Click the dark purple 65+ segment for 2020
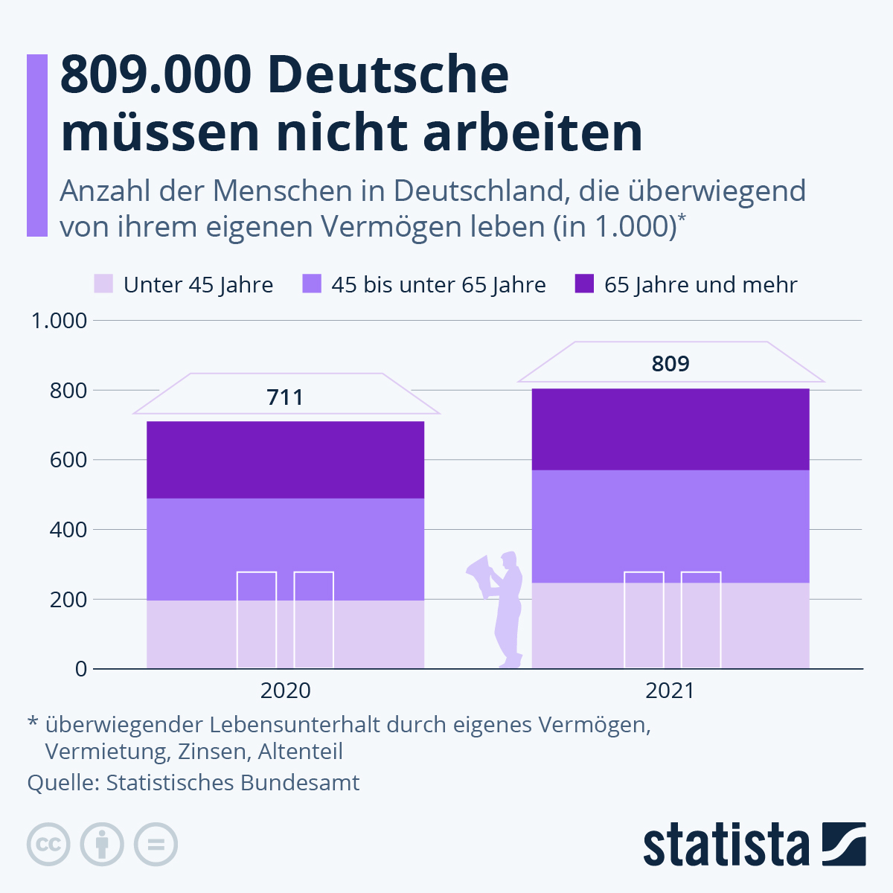coord(285,460)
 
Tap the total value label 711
coord(285,397)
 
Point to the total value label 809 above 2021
coord(670,364)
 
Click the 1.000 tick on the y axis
coord(59,321)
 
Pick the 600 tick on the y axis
coord(68,460)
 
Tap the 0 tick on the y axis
coord(80,669)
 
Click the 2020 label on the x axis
coord(285,691)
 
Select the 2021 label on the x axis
coord(670,691)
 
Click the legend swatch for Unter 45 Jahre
coord(103,284)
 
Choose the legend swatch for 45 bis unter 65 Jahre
coord(311,284)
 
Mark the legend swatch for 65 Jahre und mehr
coord(584,284)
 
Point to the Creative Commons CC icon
coord(48,845)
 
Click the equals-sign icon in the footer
coord(156,845)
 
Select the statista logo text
coord(726,845)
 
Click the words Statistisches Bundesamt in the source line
coord(232,783)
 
